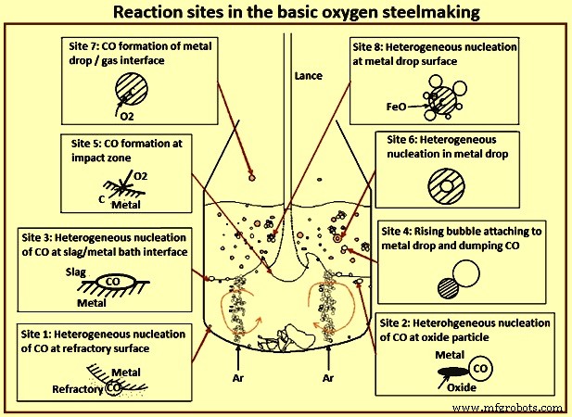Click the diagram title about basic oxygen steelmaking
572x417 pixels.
click(286, 14)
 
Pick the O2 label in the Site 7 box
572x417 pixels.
click(127, 118)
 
